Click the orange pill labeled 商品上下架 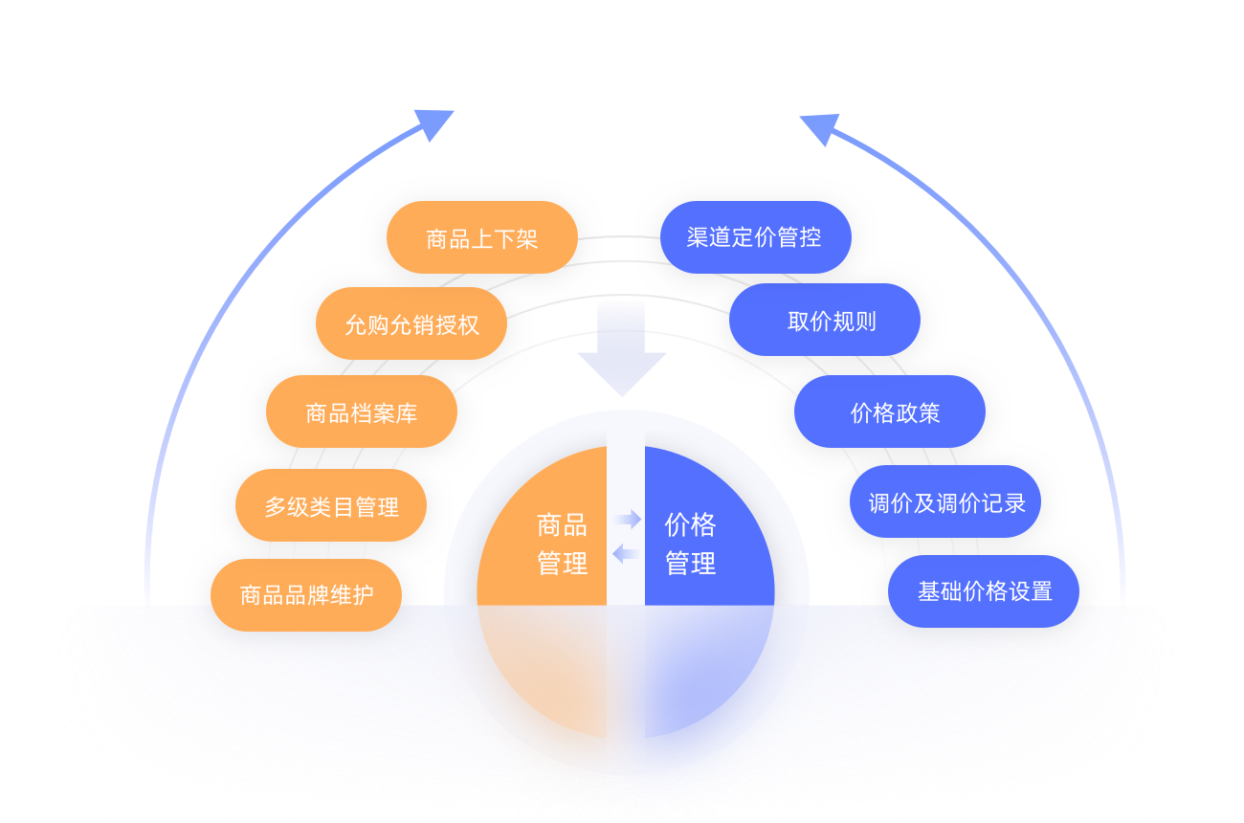click(x=481, y=237)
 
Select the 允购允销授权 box click(x=411, y=324)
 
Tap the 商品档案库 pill click(x=361, y=412)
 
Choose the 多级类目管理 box click(x=331, y=506)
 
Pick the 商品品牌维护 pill click(x=306, y=595)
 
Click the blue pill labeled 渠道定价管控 click(x=755, y=237)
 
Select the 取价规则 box click(x=825, y=321)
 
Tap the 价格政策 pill click(x=890, y=412)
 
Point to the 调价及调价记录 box click(x=945, y=502)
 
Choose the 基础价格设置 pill click(x=984, y=591)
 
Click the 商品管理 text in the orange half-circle click(x=562, y=544)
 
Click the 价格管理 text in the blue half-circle click(x=690, y=544)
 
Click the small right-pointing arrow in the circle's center click(x=628, y=520)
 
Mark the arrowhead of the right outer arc click(x=818, y=128)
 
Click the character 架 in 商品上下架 click(x=527, y=238)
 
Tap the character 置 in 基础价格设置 click(x=1041, y=591)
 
